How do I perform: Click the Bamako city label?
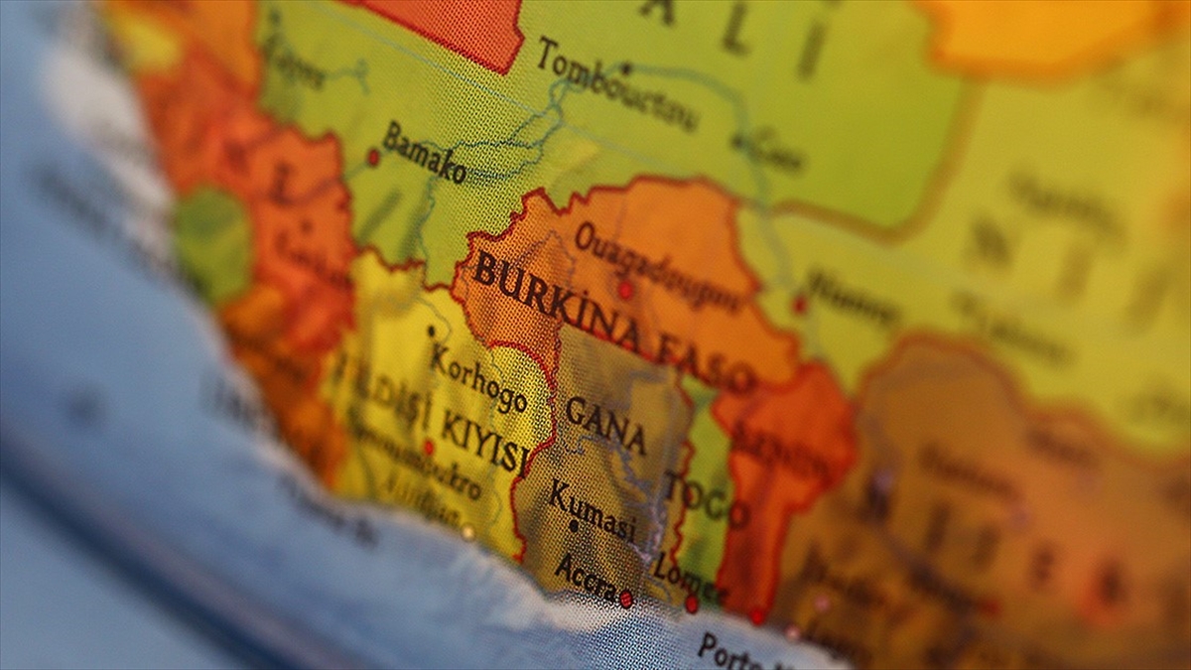pyautogui.click(x=425, y=152)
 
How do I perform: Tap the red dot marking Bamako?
pyautogui.click(x=373, y=156)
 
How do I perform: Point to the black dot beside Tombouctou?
pyautogui.click(x=626, y=68)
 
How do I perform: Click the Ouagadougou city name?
pyautogui.click(x=656, y=264)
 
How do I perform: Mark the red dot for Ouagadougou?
pyautogui.click(x=625, y=290)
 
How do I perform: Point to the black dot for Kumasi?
pyautogui.click(x=574, y=527)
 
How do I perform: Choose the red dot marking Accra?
pyautogui.click(x=626, y=599)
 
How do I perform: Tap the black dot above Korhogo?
pyautogui.click(x=431, y=332)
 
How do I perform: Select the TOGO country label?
pyautogui.click(x=706, y=497)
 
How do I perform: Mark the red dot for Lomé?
pyautogui.click(x=692, y=603)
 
